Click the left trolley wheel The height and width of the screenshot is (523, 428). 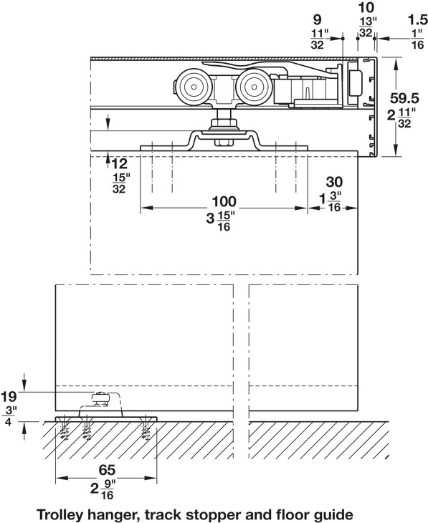pyautogui.click(x=194, y=87)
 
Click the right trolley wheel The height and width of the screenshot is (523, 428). pyautogui.click(x=254, y=87)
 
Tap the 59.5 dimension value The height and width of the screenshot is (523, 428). pyautogui.click(x=404, y=98)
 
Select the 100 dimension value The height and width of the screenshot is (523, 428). pyautogui.click(x=224, y=201)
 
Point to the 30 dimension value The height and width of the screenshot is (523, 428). pyautogui.click(x=334, y=182)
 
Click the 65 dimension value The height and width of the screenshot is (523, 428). pyautogui.click(x=107, y=470)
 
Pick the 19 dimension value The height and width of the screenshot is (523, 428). pyautogui.click(x=9, y=397)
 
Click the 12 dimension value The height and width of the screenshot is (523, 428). pyautogui.click(x=120, y=164)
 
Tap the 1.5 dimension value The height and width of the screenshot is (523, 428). pyautogui.click(x=418, y=20)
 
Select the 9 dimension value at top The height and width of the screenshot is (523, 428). pyautogui.click(x=317, y=20)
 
